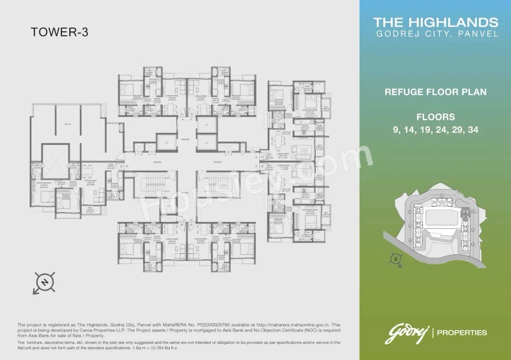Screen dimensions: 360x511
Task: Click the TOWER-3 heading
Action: pos(59,32)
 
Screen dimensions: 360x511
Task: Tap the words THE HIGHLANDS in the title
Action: pos(436,22)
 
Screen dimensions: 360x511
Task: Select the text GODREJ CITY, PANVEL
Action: pos(437,34)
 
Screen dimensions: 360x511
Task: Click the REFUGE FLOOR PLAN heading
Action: pos(436,92)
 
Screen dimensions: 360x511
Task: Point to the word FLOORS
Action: pos(436,117)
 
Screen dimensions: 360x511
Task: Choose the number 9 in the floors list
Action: pos(396,130)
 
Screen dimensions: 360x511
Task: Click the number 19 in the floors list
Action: pos(427,130)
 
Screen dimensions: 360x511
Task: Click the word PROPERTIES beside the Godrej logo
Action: pos(462,332)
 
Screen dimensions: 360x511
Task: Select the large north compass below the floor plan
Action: pos(45,283)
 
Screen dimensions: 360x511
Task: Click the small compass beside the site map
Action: pos(396,259)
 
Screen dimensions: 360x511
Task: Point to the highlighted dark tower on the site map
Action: pos(465,214)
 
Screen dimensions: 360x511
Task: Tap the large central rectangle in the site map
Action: pos(441,218)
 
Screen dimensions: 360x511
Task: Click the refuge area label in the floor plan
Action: pos(68,125)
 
